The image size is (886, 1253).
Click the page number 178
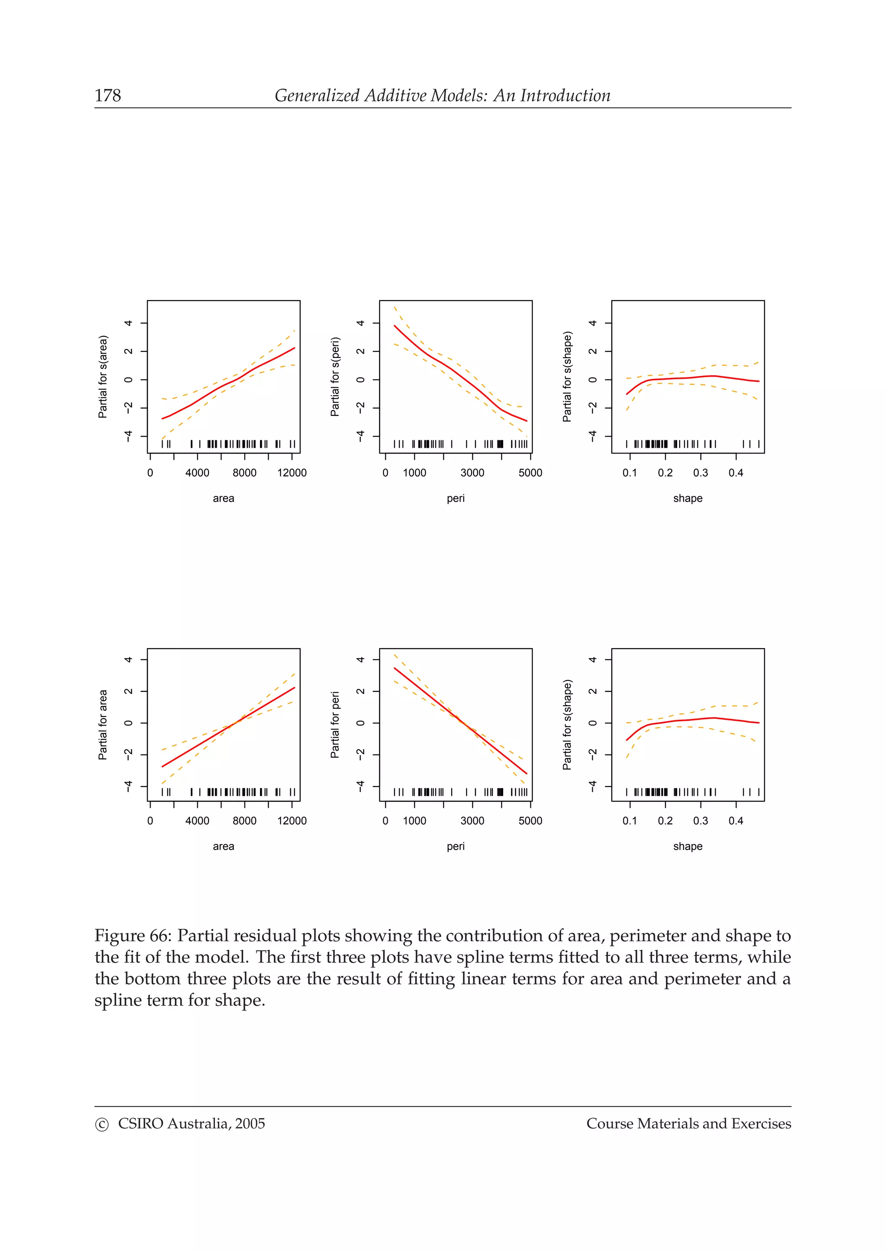click(x=108, y=96)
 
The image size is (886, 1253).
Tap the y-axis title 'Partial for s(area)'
click(x=103, y=377)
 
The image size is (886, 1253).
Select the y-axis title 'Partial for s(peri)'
click(x=335, y=377)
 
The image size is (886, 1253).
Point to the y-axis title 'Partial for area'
click(x=103, y=725)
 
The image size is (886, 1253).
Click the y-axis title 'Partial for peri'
click(x=335, y=725)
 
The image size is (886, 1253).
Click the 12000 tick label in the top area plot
click(x=292, y=473)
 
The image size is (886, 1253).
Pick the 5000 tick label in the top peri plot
click(x=530, y=473)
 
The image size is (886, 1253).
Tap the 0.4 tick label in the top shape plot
click(x=735, y=473)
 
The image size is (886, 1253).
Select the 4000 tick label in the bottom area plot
click(x=197, y=821)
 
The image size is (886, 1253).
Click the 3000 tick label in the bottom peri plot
click(x=472, y=821)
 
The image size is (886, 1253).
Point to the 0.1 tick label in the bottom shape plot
click(x=629, y=821)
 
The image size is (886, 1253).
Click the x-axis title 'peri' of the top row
click(x=455, y=498)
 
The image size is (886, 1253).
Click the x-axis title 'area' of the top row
click(x=223, y=498)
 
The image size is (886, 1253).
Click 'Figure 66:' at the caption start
click(x=133, y=936)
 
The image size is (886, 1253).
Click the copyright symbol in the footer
click(x=102, y=1125)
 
